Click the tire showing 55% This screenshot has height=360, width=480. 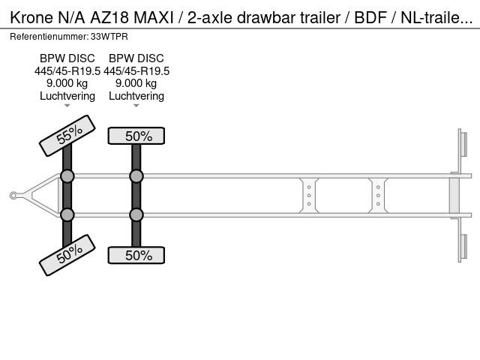point(67,136)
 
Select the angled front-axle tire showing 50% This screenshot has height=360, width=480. point(67,255)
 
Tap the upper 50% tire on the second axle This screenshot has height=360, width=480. point(136,136)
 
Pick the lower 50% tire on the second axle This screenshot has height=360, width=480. point(136,255)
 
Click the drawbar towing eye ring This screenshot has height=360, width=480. point(13,195)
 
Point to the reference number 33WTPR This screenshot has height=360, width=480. point(109,37)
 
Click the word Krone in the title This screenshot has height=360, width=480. point(31,17)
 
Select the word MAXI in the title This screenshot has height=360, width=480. point(154,17)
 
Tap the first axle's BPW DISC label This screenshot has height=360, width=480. point(67,58)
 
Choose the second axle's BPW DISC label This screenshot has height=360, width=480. point(136,58)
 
